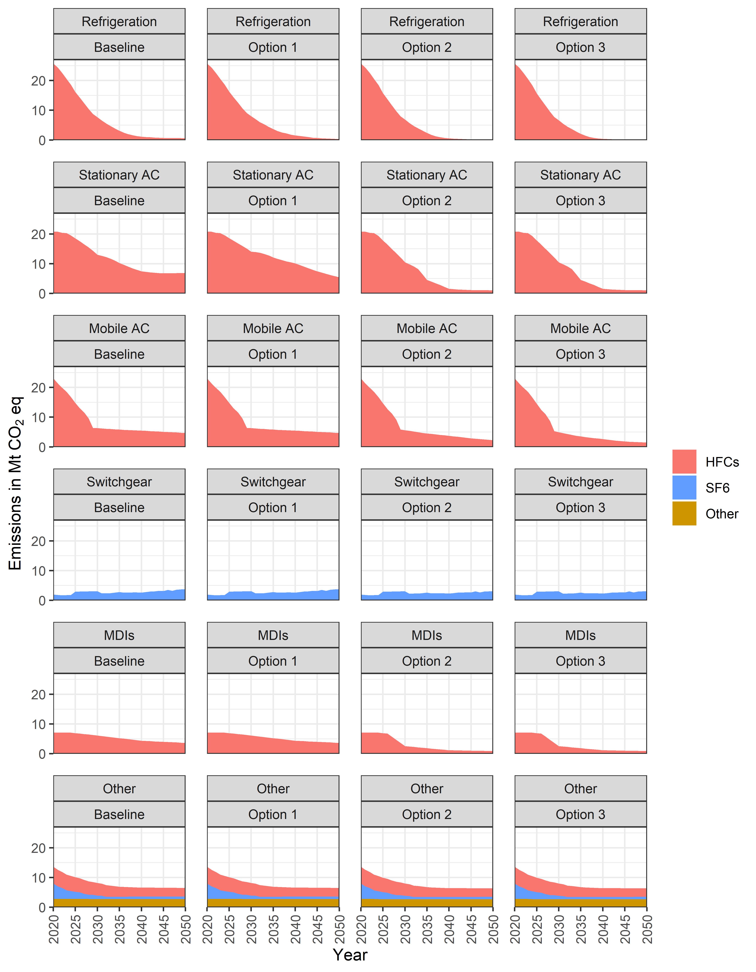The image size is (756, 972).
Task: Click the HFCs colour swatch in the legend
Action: click(x=684, y=462)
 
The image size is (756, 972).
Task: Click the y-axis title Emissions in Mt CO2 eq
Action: click(x=16, y=483)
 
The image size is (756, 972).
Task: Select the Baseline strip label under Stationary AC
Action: click(x=119, y=201)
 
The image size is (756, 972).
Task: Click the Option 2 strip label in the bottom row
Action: click(x=427, y=814)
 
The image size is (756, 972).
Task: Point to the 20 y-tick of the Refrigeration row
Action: click(x=39, y=81)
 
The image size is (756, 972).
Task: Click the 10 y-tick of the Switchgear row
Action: click(x=39, y=571)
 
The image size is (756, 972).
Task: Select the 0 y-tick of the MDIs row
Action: click(x=42, y=754)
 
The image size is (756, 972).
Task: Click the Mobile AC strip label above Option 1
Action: click(x=273, y=328)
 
